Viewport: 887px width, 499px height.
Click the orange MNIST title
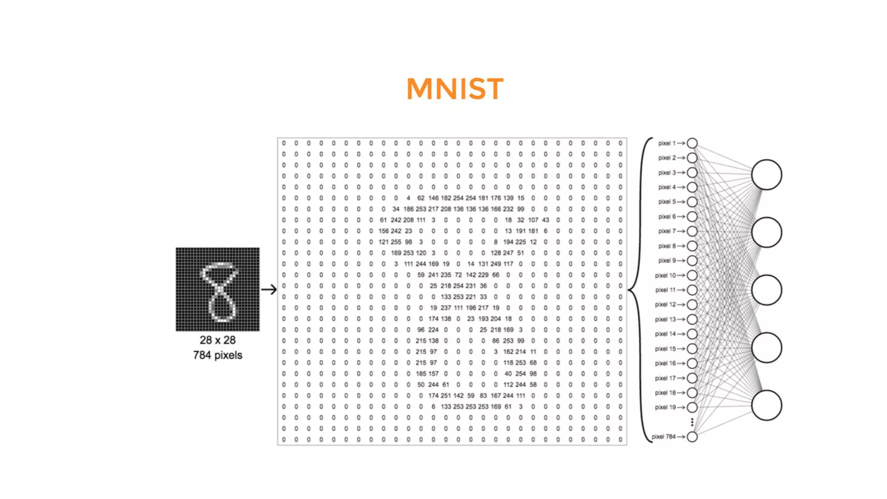pyautogui.click(x=455, y=89)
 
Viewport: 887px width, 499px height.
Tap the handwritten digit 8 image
pyautogui.click(x=217, y=289)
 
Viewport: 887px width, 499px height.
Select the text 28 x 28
pyautogui.click(x=217, y=340)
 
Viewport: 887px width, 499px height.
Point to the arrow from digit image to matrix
pyautogui.click(x=269, y=289)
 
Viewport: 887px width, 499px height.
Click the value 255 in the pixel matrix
pyautogui.click(x=396, y=242)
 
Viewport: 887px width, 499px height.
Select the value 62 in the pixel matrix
pyautogui.click(x=421, y=198)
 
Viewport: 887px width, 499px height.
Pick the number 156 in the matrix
pyautogui.click(x=383, y=231)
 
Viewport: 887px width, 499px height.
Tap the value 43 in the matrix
pyautogui.click(x=545, y=220)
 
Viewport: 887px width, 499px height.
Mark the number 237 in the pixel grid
pyautogui.click(x=446, y=308)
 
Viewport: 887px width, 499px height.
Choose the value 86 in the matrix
pyautogui.click(x=495, y=340)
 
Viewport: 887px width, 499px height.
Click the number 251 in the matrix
pyautogui.click(x=446, y=395)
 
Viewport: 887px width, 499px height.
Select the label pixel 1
pyautogui.click(x=667, y=143)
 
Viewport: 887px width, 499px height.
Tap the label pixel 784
pyautogui.click(x=664, y=437)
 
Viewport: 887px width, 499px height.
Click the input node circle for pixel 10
pyautogui.click(x=692, y=275)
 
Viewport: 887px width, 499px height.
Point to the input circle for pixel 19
pyautogui.click(x=692, y=407)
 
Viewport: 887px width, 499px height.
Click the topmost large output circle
pyautogui.click(x=766, y=175)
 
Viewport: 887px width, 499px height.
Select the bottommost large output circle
pyautogui.click(x=766, y=405)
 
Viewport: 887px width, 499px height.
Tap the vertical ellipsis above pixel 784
pyautogui.click(x=692, y=422)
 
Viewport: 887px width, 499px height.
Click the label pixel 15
pyautogui.click(x=665, y=349)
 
